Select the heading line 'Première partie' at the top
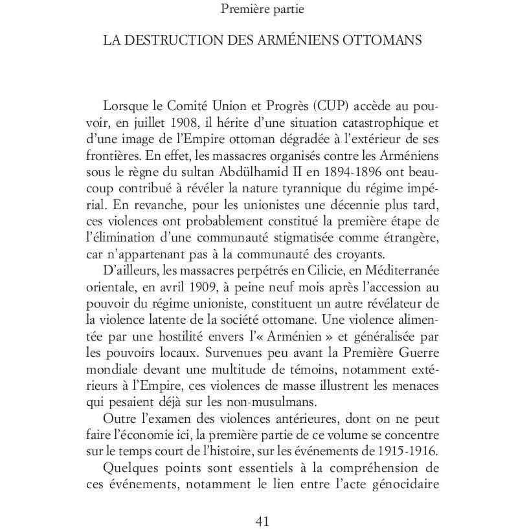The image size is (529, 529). pos(263,9)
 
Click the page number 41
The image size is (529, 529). pos(264,521)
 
